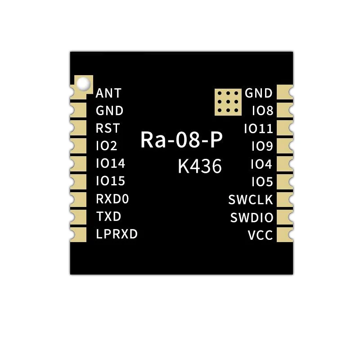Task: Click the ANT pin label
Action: tap(108, 93)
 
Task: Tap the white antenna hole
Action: tap(83, 83)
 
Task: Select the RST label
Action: tap(108, 128)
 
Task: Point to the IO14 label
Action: tap(110, 164)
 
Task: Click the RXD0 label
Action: tap(112, 199)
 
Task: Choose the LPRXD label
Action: tap(117, 234)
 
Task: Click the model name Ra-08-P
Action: tap(181, 139)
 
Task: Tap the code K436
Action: tap(200, 166)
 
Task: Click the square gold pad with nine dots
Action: tap(228, 102)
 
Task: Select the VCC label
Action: tap(261, 235)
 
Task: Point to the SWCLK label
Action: tap(251, 200)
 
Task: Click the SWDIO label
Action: tap(252, 218)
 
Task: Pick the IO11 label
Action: tap(258, 129)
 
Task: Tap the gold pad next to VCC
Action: tap(285, 234)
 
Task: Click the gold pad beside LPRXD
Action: tap(78, 234)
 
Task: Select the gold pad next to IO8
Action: tap(285, 110)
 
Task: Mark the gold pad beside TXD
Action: tap(78, 217)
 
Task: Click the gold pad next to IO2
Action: tap(78, 146)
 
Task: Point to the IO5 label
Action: tap(262, 182)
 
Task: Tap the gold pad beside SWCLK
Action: tap(285, 199)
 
